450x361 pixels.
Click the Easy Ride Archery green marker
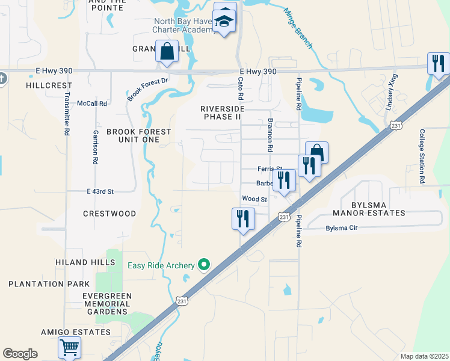point(205,265)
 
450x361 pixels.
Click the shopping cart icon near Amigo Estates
point(69,347)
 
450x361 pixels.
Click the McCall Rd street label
point(92,103)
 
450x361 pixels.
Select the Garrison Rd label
point(95,147)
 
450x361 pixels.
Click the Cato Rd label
point(241,88)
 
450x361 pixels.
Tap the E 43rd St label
point(100,191)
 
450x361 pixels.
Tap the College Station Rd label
point(422,156)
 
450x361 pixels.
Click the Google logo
point(20,354)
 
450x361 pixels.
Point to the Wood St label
point(254,199)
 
